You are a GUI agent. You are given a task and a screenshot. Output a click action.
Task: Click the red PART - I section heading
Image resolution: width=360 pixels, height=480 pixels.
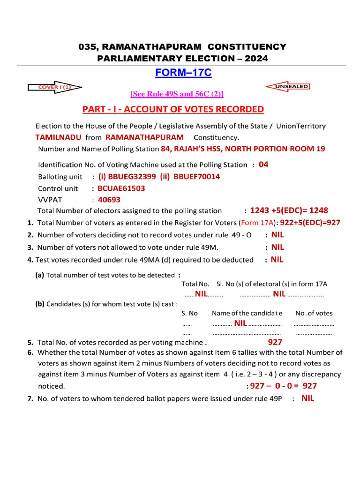point(173,109)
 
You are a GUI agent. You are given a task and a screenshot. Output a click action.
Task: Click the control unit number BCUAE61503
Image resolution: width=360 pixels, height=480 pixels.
point(121,188)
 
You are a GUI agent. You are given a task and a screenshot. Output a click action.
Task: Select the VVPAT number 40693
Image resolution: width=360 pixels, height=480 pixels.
point(109,199)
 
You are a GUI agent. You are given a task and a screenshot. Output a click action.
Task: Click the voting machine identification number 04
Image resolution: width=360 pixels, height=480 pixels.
point(263,165)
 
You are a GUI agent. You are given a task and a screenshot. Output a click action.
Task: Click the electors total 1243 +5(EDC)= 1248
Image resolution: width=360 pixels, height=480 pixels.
point(289,210)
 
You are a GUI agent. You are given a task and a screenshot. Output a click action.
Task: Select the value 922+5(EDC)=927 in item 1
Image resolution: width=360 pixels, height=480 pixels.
point(310,223)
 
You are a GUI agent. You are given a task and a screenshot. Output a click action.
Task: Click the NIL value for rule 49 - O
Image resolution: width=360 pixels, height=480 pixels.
point(277,235)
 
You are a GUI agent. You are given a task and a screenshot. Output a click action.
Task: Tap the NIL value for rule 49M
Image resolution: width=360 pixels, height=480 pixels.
point(277,247)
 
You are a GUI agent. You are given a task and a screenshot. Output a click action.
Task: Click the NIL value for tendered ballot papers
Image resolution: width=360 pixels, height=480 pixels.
point(307,398)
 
